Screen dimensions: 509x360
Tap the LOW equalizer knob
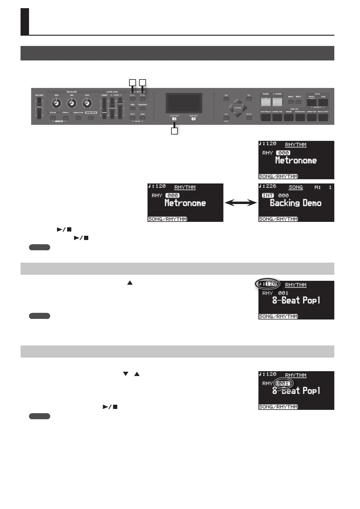click(56, 104)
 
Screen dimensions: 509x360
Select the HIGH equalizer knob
click(87, 104)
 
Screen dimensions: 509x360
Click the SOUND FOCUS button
click(91, 118)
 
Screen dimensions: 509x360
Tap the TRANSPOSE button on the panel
click(142, 109)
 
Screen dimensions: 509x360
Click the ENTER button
click(249, 118)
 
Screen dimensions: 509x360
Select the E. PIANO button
click(277, 102)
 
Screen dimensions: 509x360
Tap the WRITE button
click(298, 102)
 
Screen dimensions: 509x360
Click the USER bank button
click(323, 102)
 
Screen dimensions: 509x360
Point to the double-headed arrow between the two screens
click(241, 203)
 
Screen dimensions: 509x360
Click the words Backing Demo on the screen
click(295, 203)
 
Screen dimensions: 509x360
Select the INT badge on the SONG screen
click(268, 196)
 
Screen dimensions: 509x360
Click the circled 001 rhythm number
click(283, 383)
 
